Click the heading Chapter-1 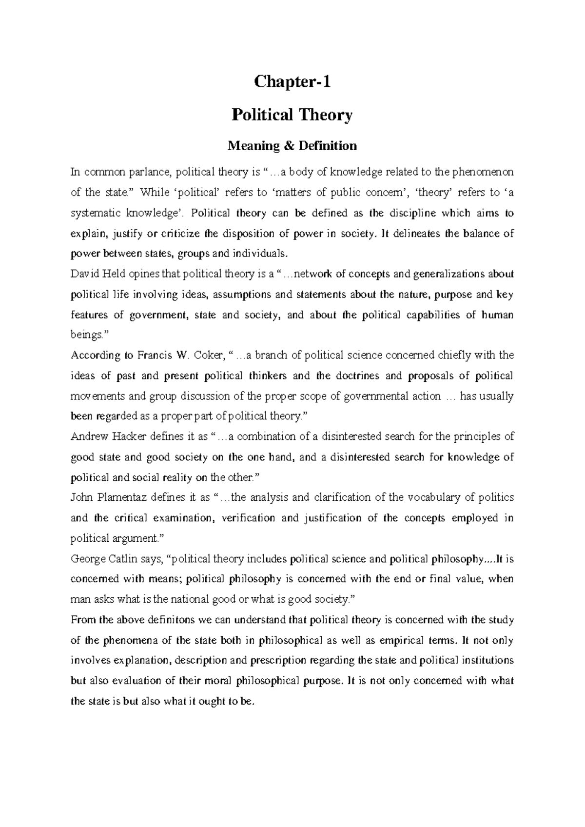[292, 82]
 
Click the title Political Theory [292, 115]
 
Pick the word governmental [375, 396]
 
